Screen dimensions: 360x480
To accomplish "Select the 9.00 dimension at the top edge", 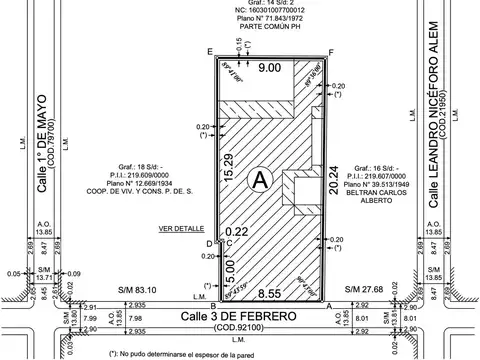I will click(268, 68).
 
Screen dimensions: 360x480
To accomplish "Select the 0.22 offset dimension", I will click(237, 232).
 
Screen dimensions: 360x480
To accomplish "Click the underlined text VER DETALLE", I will click(180, 229).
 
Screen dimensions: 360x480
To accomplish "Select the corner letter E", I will click(209, 51).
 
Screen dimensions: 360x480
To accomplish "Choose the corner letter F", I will click(331, 51).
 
